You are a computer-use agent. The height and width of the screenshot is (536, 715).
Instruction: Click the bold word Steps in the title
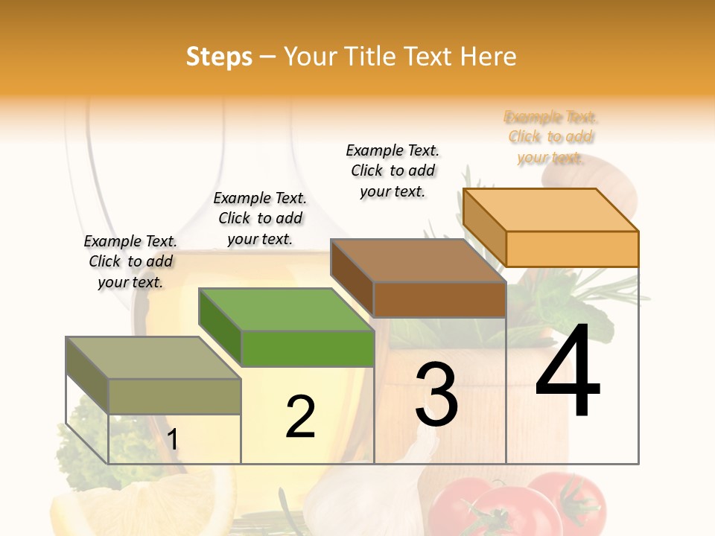(219, 57)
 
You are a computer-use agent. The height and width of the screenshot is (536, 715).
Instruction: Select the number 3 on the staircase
(436, 395)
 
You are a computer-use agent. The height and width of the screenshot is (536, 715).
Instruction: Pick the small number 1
(172, 440)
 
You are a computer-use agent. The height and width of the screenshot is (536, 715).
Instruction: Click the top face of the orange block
(551, 210)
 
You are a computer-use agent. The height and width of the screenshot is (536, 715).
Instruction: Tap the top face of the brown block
(418, 261)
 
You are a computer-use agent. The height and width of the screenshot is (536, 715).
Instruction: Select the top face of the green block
(286, 310)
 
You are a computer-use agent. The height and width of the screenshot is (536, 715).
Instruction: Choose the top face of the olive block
(153, 358)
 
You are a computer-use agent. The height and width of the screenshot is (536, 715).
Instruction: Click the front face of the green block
(308, 348)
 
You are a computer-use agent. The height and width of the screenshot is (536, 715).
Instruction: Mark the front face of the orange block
(572, 249)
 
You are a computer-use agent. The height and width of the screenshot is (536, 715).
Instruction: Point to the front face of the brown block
(439, 299)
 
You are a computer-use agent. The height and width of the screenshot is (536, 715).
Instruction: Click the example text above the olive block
(130, 261)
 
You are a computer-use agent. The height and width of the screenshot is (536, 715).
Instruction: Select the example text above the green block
(260, 218)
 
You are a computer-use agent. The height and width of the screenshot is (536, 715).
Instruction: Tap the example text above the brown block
(393, 170)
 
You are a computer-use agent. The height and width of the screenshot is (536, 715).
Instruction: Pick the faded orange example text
(551, 137)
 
